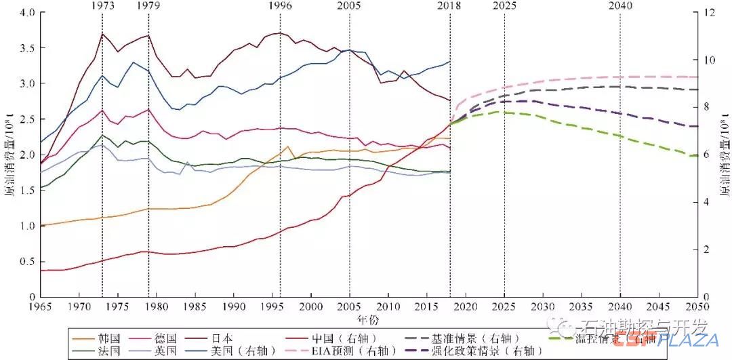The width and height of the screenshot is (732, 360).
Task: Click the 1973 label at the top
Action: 102,5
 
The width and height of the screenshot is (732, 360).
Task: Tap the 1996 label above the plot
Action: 280,5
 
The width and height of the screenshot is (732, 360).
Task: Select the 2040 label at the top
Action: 620,5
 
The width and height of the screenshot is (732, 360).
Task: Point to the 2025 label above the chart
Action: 504,5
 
